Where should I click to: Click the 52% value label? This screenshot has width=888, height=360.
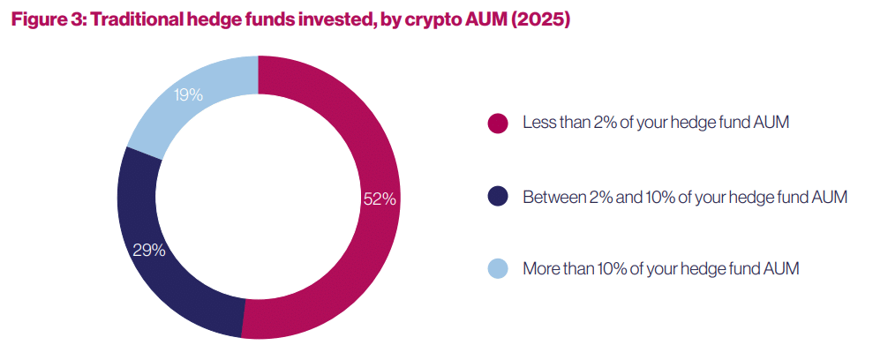coord(380,199)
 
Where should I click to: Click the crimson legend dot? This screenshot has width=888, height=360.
coord(498,124)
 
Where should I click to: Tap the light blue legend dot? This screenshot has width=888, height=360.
coord(498,270)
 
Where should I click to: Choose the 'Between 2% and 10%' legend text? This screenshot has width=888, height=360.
coord(685,197)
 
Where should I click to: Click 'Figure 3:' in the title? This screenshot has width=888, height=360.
coord(49,20)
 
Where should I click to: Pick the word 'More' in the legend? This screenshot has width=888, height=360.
coord(540,269)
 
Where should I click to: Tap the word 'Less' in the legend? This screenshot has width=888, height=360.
coord(538,123)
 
